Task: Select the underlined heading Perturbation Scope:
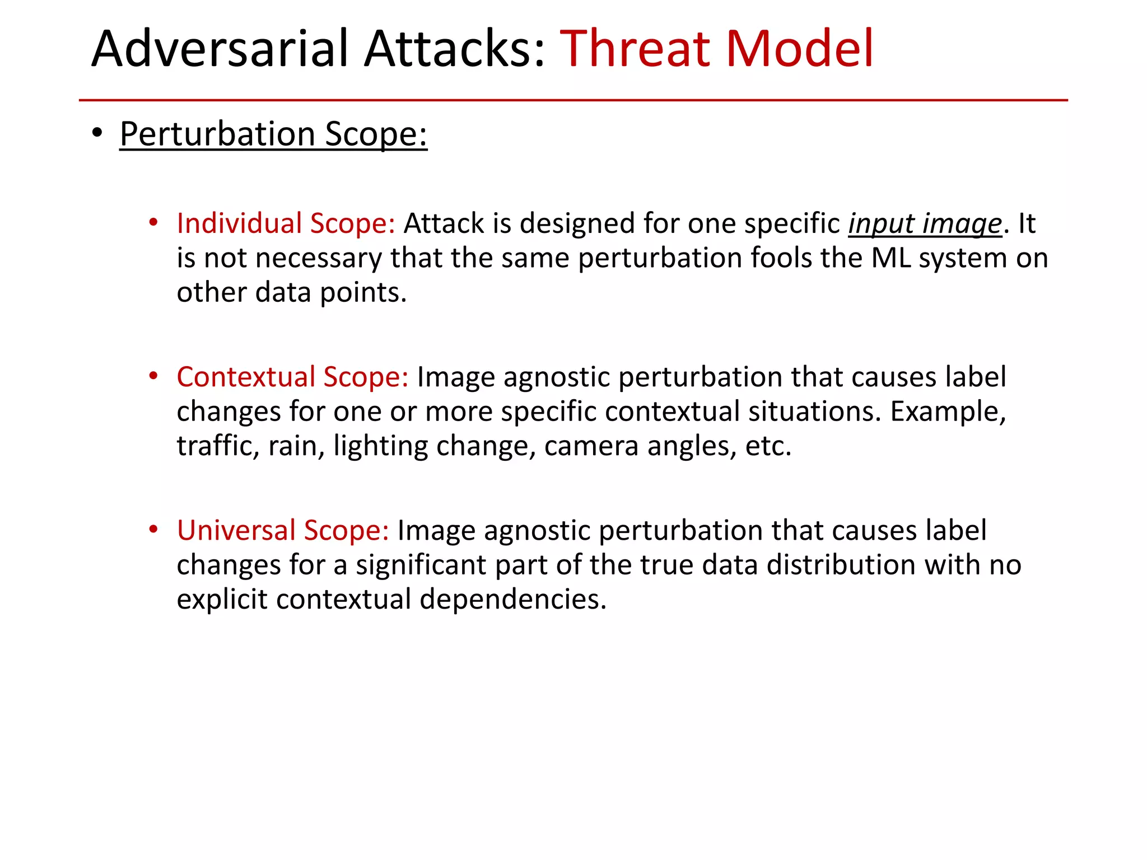pos(273,134)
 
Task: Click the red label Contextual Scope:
pos(292,377)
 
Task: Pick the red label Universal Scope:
pos(283,531)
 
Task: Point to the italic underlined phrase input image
pos(925,224)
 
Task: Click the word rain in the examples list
pos(292,446)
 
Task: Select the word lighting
pos(380,446)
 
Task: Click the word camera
pos(591,446)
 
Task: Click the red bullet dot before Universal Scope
pos(153,529)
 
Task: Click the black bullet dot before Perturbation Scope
pos(97,133)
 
